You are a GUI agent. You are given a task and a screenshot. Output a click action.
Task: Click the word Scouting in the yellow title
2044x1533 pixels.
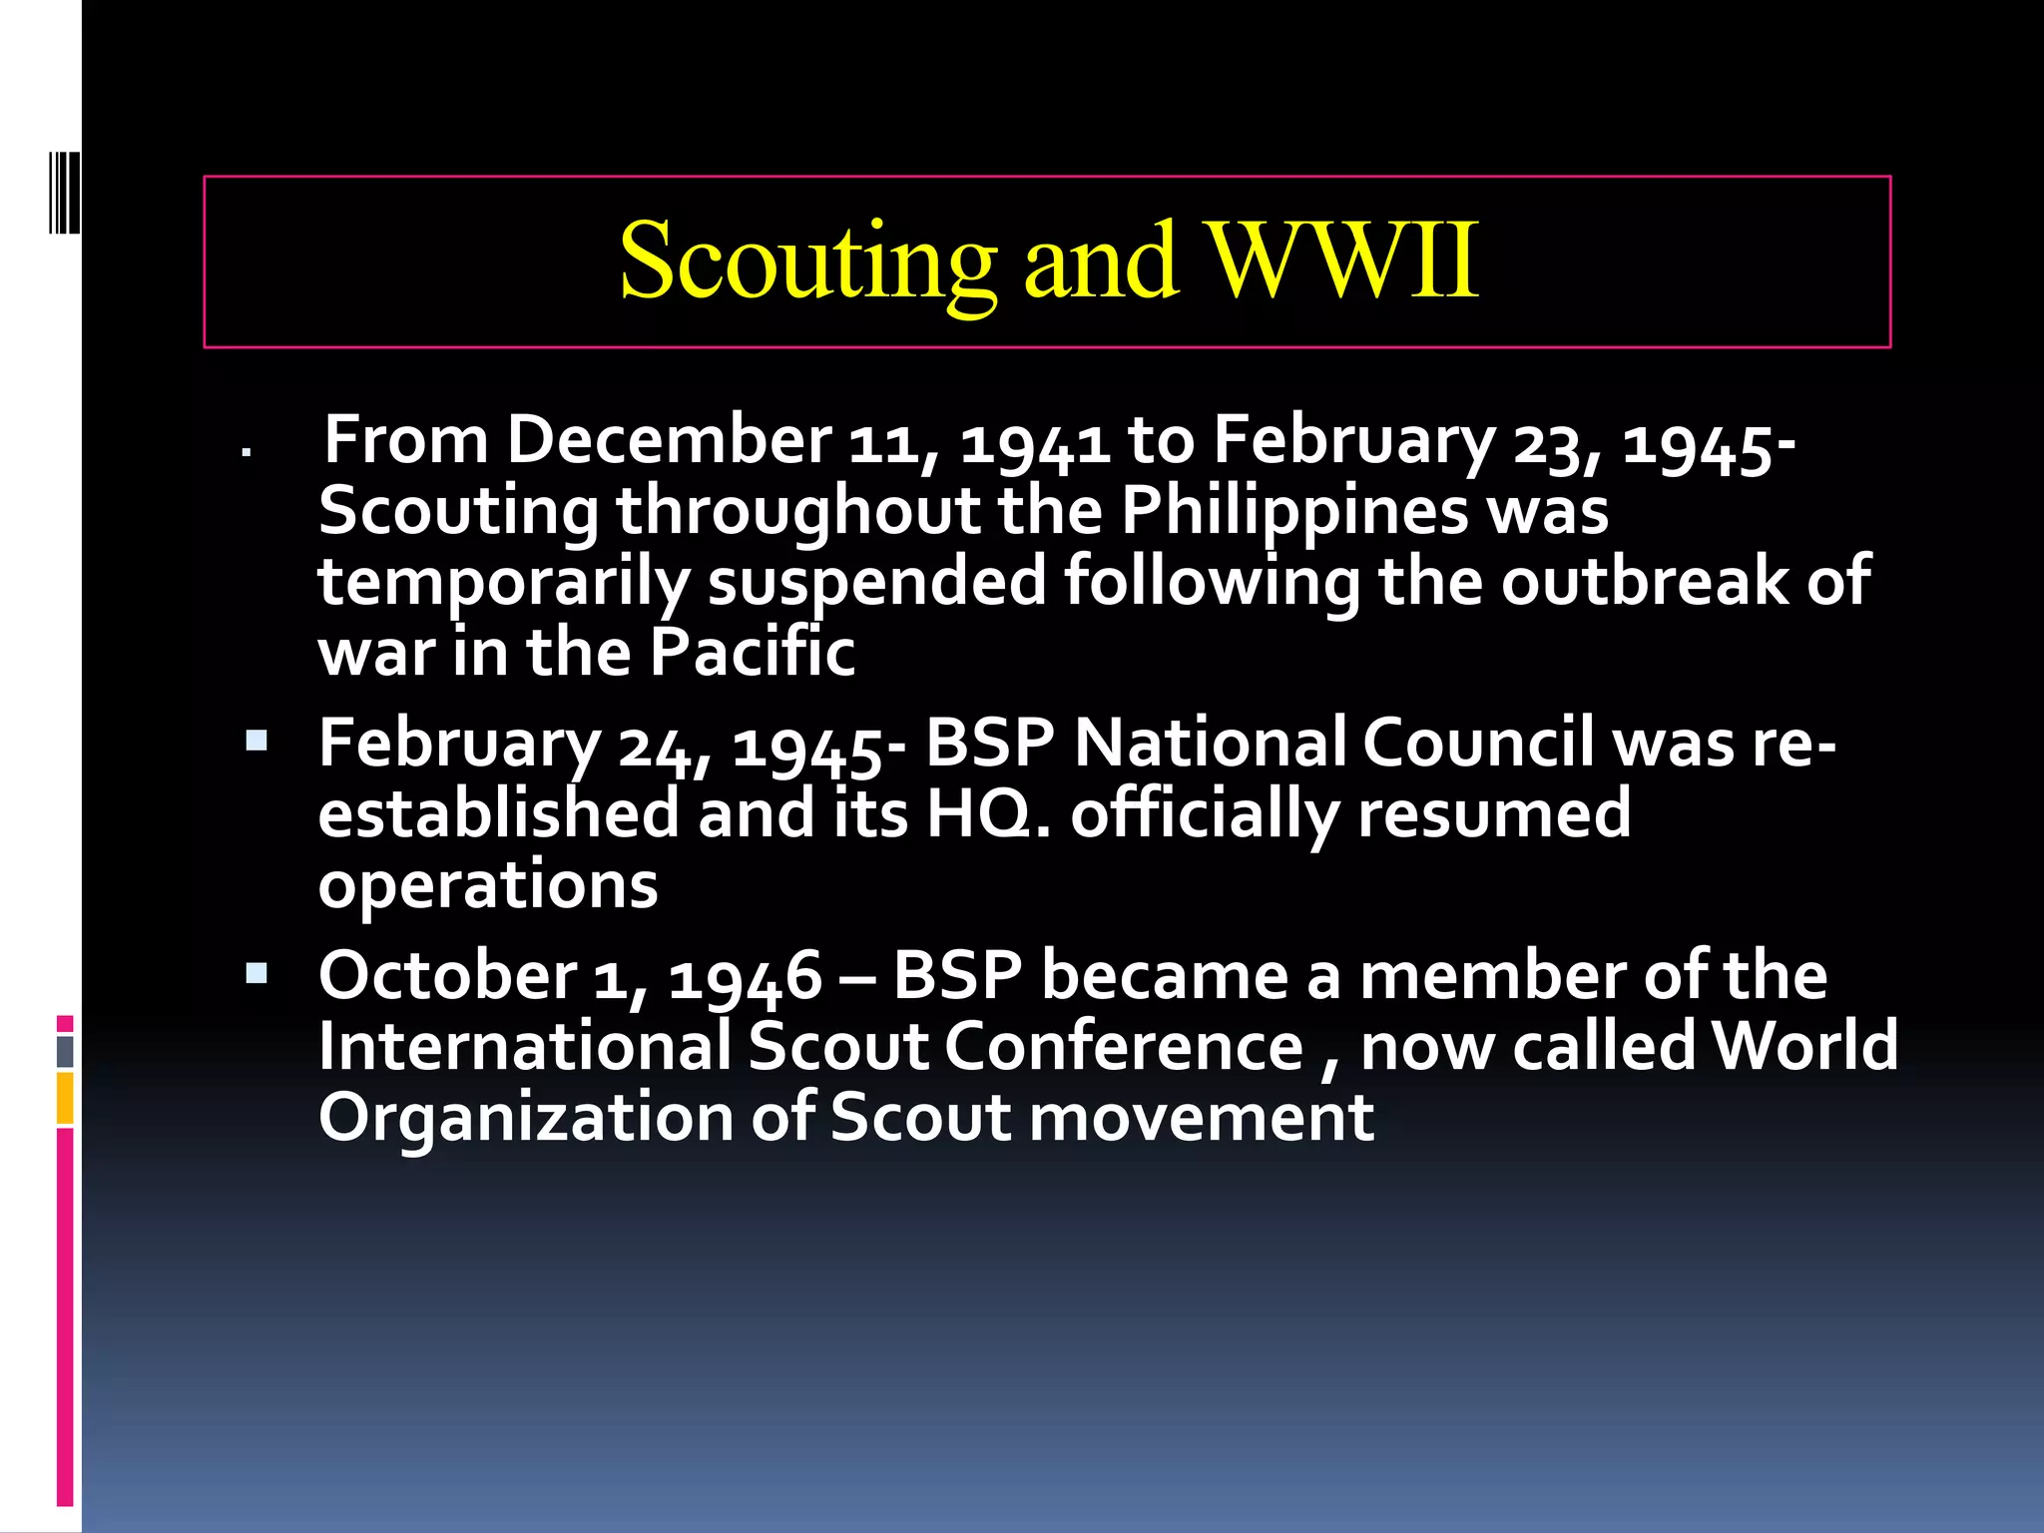807,261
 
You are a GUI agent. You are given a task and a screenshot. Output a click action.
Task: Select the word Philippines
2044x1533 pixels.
1294,512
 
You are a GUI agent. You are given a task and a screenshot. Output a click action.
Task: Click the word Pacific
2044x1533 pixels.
753,652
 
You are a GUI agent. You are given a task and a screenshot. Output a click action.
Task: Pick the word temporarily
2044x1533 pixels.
503,583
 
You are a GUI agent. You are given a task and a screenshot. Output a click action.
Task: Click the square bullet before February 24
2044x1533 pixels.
256,741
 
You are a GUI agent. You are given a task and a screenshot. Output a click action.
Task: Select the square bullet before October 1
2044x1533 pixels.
256,973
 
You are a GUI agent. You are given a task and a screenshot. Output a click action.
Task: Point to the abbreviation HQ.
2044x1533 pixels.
984,813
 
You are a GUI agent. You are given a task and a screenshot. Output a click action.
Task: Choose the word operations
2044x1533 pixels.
488,885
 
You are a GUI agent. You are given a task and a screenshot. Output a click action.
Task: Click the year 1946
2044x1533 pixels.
745,977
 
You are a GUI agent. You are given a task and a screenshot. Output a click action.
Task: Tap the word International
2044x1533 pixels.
525,1046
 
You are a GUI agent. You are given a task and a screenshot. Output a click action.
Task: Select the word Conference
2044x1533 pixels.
1124,1046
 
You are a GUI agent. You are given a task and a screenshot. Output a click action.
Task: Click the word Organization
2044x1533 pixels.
525,1117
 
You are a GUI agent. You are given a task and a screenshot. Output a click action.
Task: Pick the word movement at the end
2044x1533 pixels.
1201,1117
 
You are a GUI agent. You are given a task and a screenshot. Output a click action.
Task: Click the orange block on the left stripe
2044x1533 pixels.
65,1098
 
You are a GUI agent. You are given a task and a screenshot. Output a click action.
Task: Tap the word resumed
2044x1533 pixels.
1494,813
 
